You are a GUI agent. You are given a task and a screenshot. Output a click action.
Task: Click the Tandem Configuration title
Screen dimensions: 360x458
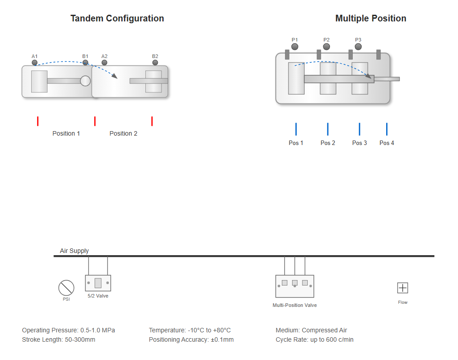[117, 18]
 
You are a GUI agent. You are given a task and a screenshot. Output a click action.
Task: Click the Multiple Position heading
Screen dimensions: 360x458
[371, 18]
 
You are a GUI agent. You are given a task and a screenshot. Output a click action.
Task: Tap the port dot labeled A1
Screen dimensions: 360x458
[35, 62]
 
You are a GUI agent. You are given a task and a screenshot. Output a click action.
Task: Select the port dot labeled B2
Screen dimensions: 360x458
[155, 62]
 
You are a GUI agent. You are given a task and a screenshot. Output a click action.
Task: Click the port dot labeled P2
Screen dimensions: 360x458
[326, 46]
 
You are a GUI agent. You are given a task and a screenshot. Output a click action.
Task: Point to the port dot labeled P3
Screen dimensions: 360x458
[358, 46]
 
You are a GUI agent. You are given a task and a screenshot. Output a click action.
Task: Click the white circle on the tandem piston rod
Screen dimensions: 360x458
[85, 81]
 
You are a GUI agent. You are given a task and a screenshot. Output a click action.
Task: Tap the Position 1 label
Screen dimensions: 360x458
[66, 133]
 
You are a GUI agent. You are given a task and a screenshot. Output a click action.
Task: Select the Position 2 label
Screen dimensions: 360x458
[124, 133]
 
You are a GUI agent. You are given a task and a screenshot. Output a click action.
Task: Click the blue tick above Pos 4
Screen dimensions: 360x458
[387, 129]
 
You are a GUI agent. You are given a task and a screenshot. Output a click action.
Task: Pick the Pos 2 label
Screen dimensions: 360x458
[328, 143]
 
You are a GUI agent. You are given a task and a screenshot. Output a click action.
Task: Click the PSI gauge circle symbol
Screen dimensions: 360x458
[66, 288]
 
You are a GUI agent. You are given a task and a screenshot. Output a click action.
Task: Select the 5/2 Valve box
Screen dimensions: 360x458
[98, 283]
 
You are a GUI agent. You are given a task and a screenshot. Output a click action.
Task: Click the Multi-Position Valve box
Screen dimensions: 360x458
[295, 286]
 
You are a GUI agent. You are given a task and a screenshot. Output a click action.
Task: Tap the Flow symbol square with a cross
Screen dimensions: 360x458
[403, 288]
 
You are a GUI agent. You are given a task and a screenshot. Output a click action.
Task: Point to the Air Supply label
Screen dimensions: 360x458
[74, 251]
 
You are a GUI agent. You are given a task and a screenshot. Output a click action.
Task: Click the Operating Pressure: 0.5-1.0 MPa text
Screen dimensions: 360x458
[68, 330]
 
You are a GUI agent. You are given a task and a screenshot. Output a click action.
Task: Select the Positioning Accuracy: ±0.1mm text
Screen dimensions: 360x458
[191, 339]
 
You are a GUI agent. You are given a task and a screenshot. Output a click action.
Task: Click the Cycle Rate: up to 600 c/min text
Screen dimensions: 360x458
[315, 339]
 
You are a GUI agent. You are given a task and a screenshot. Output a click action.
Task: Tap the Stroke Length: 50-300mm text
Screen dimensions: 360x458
[58, 339]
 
